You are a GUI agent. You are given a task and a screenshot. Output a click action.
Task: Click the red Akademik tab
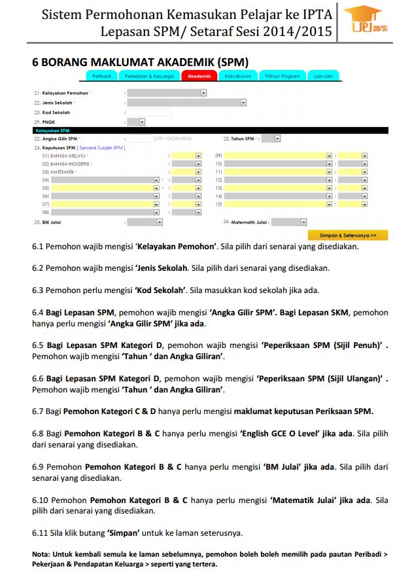199,77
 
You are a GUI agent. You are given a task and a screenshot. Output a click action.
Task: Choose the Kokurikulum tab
238,77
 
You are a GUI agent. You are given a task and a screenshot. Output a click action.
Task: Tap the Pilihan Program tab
282,77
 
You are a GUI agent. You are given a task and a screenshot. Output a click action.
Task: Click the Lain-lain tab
323,77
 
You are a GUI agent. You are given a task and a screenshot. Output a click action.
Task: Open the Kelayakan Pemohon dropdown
167,93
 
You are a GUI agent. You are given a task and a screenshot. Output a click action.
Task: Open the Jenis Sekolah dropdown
186,103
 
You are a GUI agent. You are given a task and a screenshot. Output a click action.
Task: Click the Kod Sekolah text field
149,112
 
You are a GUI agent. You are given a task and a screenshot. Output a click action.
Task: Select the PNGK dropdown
137,122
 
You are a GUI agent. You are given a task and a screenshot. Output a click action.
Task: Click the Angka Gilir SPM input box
139,139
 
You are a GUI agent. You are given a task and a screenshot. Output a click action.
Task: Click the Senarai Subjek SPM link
101,148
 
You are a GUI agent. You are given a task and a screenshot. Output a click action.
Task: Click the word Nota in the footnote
42,554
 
